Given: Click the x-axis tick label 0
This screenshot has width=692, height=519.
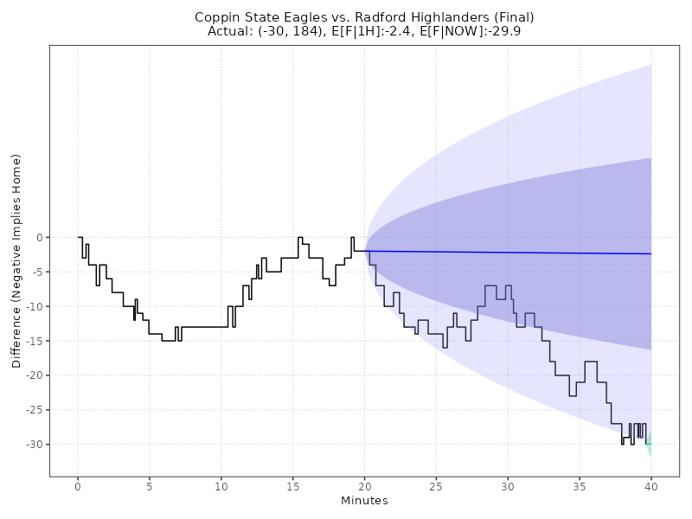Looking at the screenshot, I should [x=78, y=486].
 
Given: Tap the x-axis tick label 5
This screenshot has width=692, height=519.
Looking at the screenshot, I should [x=150, y=486].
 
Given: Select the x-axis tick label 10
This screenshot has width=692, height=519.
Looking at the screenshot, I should [x=221, y=486].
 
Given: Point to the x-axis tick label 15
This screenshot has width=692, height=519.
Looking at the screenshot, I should [x=292, y=486].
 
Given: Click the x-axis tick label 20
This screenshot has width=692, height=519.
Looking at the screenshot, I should [x=364, y=486].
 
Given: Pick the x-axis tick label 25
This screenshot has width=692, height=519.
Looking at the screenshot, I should [x=436, y=486].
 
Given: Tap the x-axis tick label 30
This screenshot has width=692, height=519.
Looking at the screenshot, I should [x=508, y=486].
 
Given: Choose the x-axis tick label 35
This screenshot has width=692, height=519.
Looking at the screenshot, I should [x=579, y=486].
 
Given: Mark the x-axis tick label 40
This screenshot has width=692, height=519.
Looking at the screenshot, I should [x=650, y=486].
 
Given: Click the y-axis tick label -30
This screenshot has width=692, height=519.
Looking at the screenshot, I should [x=35, y=445].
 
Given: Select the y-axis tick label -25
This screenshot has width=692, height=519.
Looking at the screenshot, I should [x=35, y=410].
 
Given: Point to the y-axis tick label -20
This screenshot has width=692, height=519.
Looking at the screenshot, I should [x=35, y=375].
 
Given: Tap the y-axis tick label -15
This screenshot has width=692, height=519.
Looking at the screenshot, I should [x=35, y=341].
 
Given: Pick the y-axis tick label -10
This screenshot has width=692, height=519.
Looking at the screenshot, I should [x=35, y=306].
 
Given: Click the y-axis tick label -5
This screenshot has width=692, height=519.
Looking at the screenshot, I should [x=37, y=272].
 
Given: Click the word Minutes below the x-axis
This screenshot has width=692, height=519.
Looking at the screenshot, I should [x=364, y=501].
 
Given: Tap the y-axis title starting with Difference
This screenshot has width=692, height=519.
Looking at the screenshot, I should [x=16, y=261].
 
